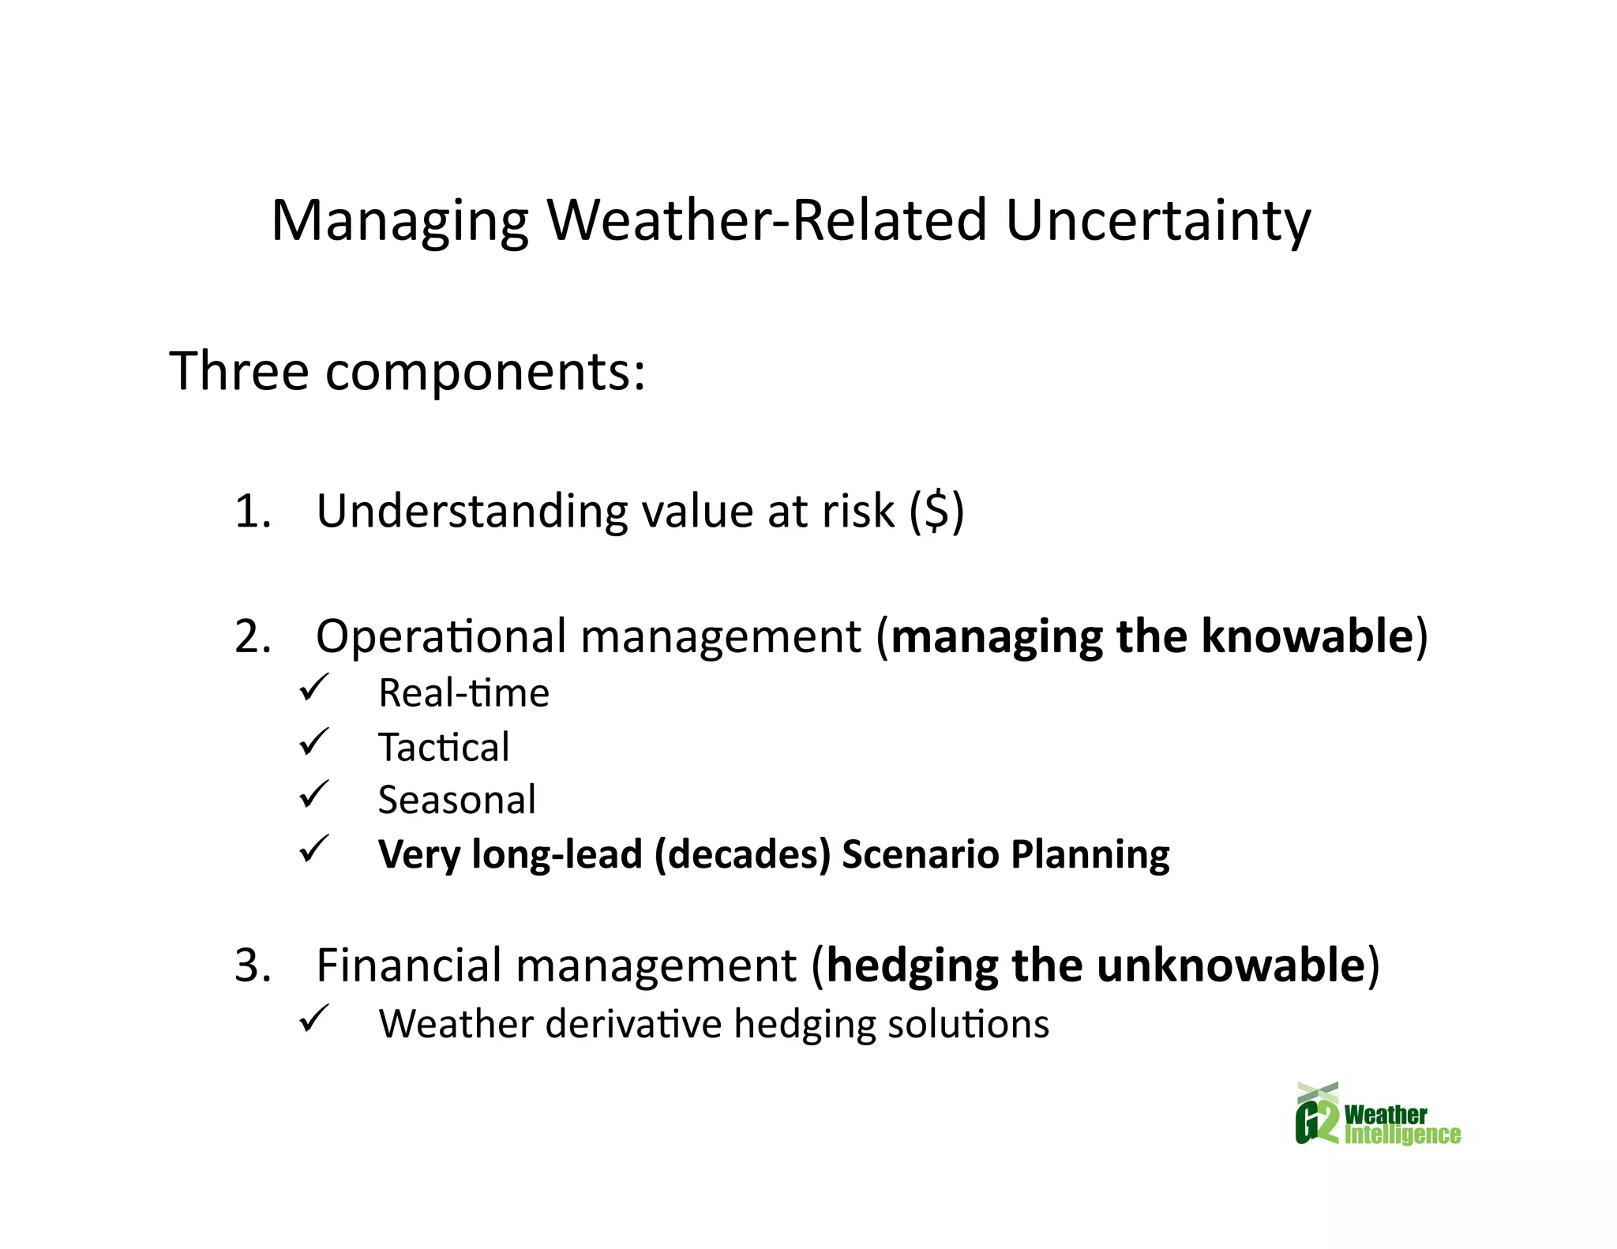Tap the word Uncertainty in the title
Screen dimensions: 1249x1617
[1157, 221]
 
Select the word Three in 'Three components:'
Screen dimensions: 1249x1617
[238, 371]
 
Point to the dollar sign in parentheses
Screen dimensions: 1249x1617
[936, 511]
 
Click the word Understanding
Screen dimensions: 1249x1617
[471, 511]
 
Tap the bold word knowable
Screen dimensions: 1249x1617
[1306, 636]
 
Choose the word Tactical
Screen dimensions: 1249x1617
[444, 747]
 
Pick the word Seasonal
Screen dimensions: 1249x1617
[456, 800]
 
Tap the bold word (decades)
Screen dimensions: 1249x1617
[742, 854]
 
